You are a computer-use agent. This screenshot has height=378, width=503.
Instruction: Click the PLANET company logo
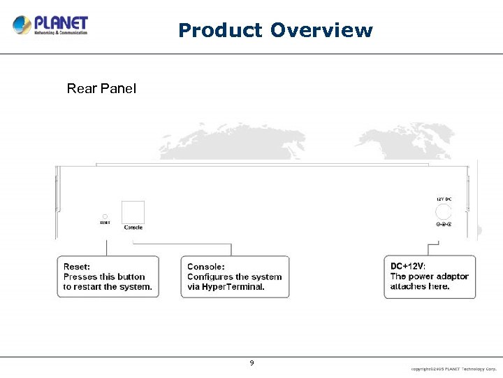click(50, 25)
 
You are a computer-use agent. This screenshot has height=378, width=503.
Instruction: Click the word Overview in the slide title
click(321, 31)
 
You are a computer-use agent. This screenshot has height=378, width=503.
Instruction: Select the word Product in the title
click(220, 31)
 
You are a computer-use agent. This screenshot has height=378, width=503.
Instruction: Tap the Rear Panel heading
click(101, 88)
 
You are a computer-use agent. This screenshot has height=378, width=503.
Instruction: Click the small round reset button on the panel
click(105, 216)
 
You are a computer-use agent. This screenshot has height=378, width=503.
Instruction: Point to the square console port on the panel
click(133, 212)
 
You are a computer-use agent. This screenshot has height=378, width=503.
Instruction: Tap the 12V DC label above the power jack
click(444, 199)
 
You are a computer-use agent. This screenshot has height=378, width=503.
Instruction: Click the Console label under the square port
click(133, 227)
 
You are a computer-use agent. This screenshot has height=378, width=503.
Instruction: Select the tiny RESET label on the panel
click(105, 223)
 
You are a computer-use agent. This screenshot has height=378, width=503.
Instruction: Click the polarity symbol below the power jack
click(444, 224)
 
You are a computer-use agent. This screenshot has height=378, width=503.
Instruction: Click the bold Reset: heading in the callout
click(77, 267)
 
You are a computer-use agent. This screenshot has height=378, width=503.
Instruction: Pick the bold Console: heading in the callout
click(206, 267)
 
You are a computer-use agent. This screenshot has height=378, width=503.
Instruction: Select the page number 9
click(251, 363)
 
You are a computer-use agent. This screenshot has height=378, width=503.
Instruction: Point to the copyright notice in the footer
click(453, 368)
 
